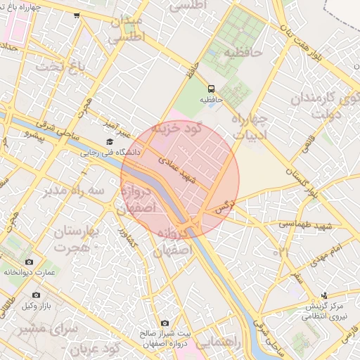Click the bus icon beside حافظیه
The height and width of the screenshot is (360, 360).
tap(211, 89)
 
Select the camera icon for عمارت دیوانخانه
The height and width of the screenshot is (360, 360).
tap(29, 262)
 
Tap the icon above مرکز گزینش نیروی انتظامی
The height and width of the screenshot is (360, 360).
tap(324, 295)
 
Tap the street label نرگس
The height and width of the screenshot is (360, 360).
tap(224, 205)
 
